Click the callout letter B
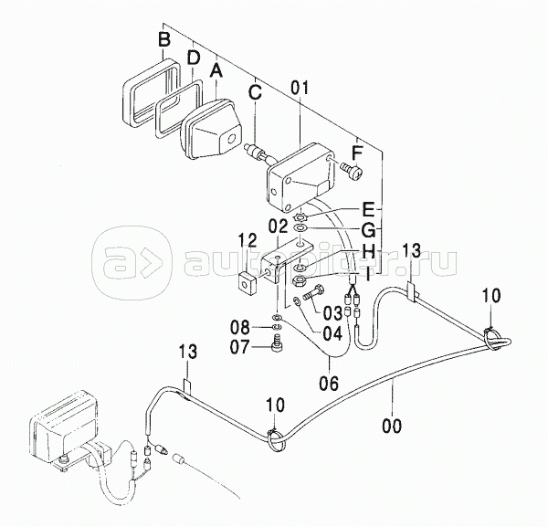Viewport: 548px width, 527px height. click(163, 40)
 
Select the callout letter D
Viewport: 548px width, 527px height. click(193, 57)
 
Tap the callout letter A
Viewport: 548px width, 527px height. click(216, 69)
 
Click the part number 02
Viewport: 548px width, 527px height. click(279, 224)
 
